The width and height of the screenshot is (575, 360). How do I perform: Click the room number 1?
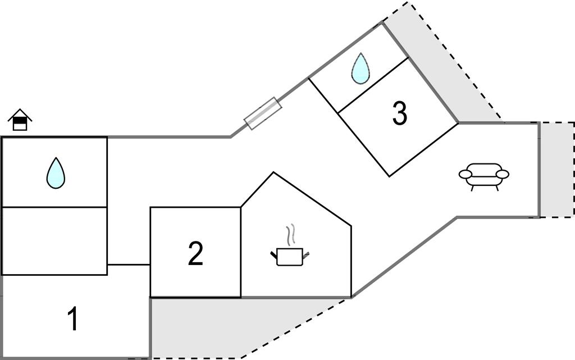[72, 320]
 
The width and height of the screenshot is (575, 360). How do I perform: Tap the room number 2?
[195, 254]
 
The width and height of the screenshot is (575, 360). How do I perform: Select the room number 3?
[399, 114]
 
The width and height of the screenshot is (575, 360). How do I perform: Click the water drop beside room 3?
[360, 69]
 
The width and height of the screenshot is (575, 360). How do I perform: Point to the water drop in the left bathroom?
[56, 173]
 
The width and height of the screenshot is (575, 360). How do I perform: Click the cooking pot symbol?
[290, 257]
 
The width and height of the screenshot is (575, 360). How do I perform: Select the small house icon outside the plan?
[20, 120]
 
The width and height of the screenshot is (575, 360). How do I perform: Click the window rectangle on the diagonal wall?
[262, 113]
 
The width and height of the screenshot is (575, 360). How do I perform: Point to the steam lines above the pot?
[290, 235]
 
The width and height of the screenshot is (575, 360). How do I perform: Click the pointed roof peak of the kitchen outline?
[273, 173]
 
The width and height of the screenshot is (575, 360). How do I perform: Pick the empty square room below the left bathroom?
[54, 241]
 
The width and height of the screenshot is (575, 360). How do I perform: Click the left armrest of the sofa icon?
[466, 175]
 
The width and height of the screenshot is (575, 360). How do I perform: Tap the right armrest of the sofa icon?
[503, 174]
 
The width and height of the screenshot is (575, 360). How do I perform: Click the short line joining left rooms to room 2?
[129, 264]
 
